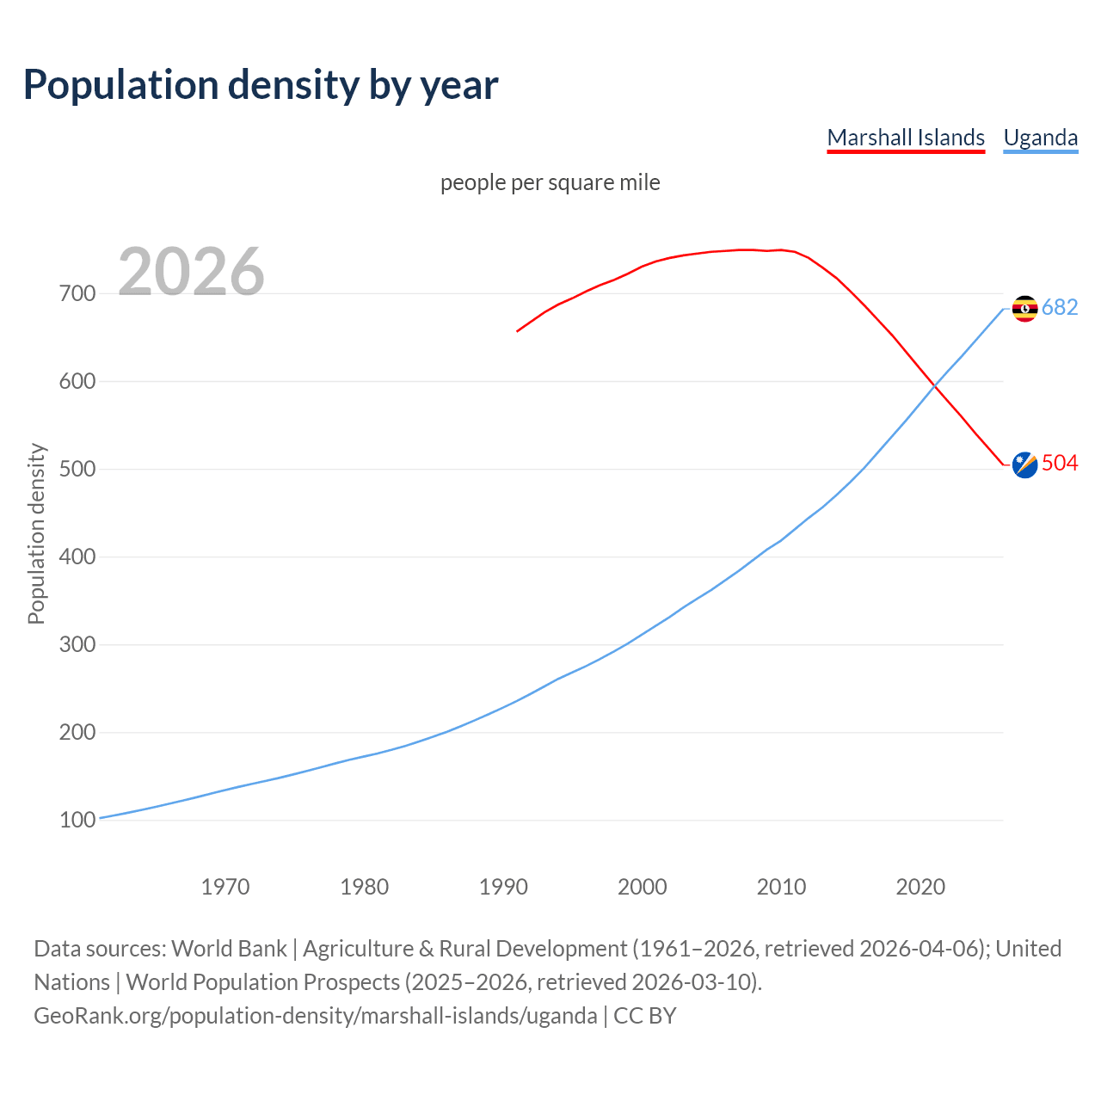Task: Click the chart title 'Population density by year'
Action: pos(261,85)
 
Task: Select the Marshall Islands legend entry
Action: pos(906,138)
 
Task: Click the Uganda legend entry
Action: pos(1041,138)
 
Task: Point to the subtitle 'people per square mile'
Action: pos(550,182)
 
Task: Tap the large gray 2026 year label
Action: pos(191,272)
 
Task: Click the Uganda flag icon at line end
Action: pos(1024,308)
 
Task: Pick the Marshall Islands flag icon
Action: pos(1024,464)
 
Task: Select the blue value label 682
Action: pos(1060,308)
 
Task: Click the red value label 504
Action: pos(1060,464)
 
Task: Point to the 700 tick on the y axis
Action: pos(77,294)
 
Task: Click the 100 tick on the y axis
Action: pos(77,821)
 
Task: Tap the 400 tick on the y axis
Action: pos(77,557)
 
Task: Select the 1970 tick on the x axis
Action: pos(225,887)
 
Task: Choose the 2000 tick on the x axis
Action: pos(643,887)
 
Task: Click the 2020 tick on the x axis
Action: pos(920,887)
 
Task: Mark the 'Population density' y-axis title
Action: pos(36,533)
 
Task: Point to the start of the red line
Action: pos(518,330)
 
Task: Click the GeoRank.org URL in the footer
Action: pos(316,1016)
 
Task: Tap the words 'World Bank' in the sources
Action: pos(229,949)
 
